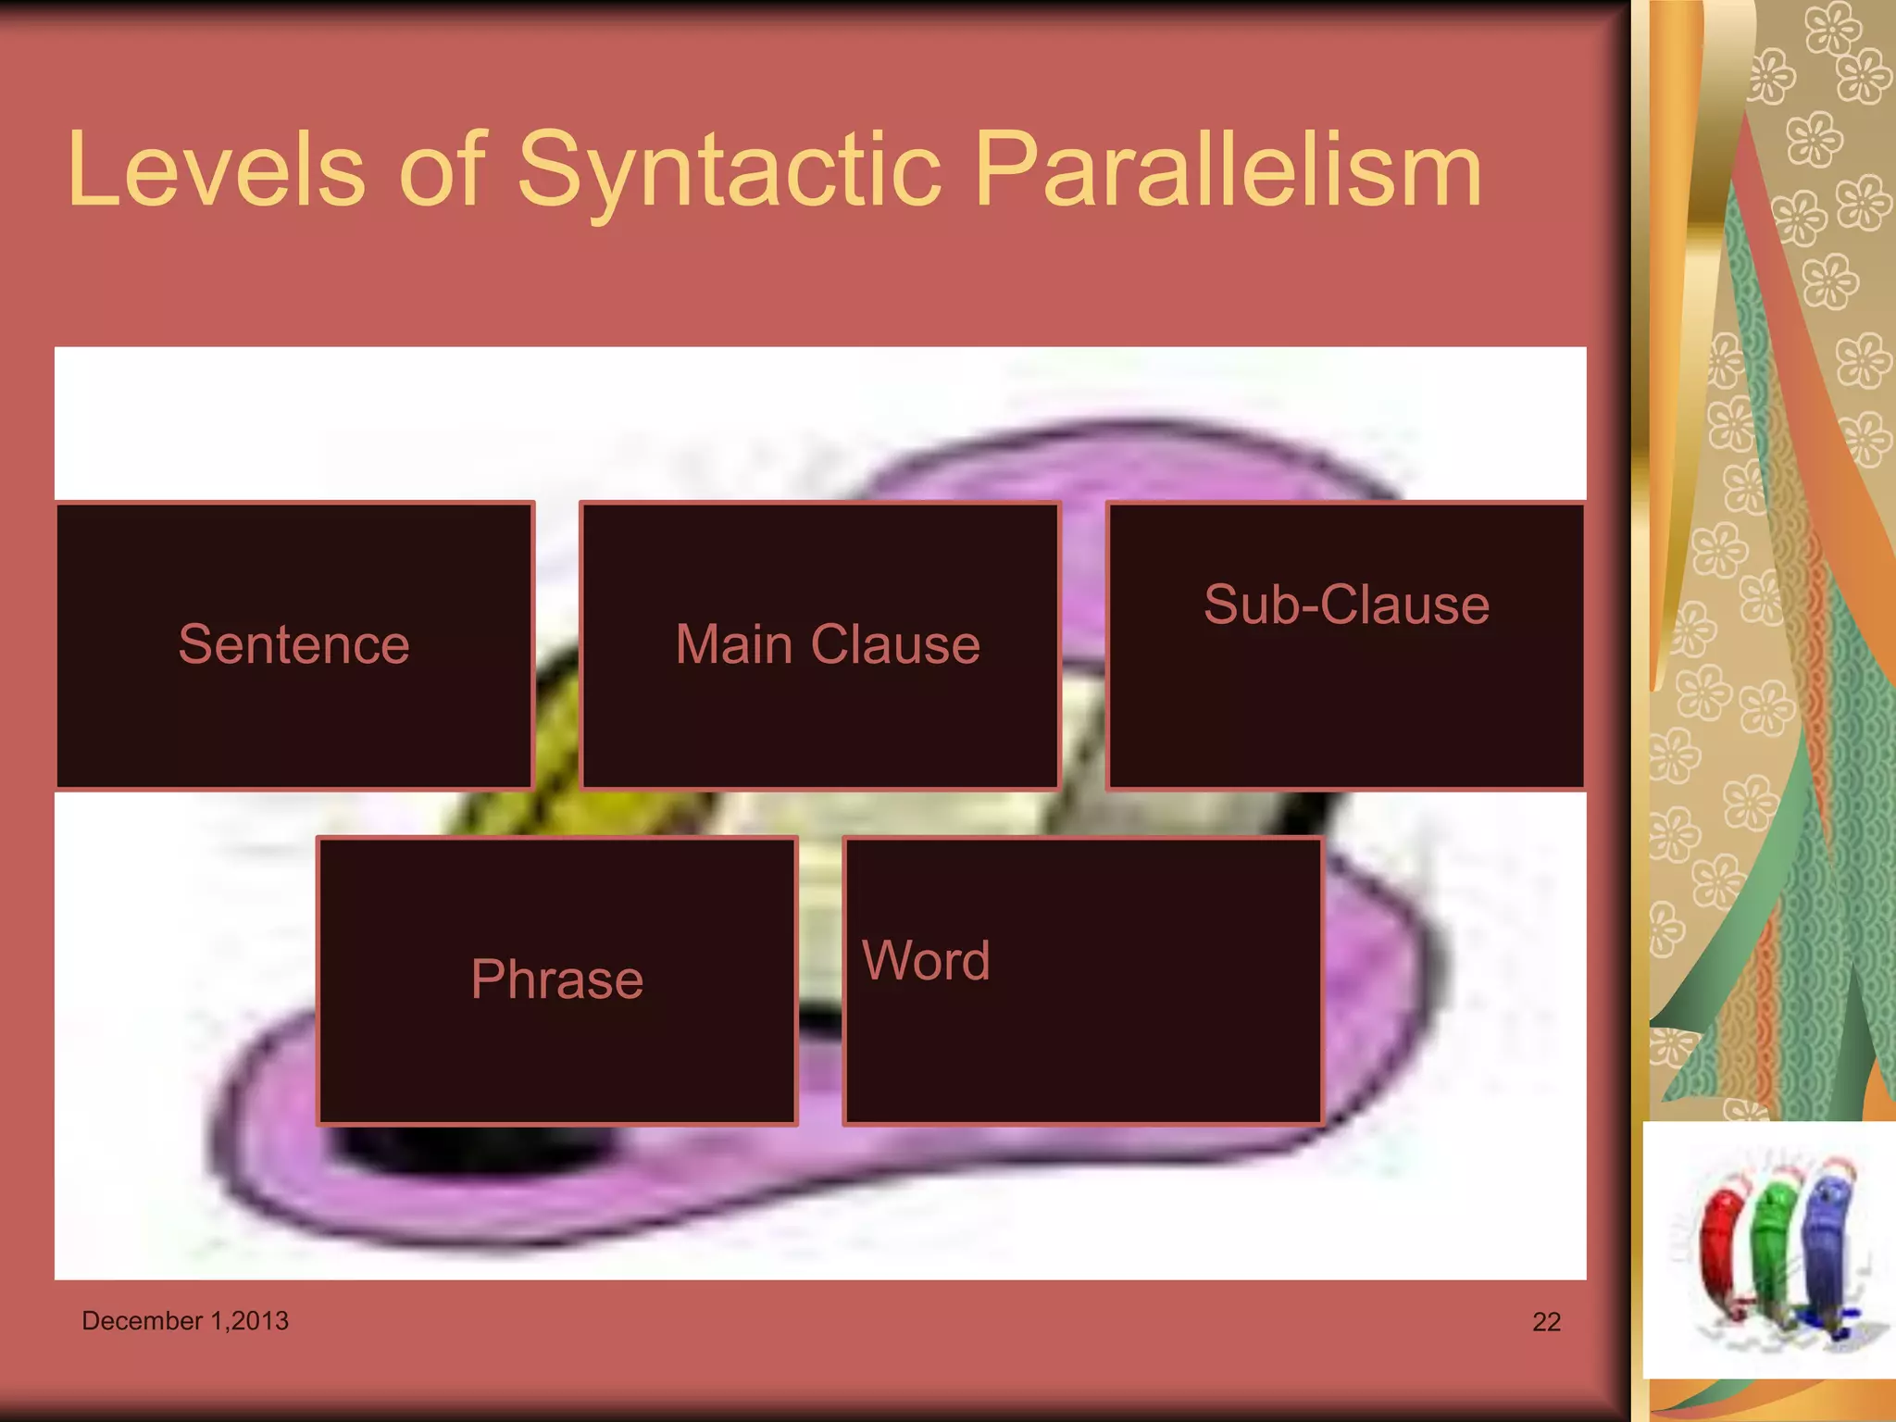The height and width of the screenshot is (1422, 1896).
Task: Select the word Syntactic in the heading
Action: point(730,170)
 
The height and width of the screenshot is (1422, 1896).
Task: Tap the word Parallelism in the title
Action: point(1228,170)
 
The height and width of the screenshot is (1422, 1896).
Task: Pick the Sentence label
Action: point(293,644)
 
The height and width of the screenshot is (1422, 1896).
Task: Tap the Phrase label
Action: point(556,979)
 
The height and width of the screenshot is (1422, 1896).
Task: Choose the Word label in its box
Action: point(926,960)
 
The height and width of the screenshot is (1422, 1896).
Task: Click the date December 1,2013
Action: point(185,1320)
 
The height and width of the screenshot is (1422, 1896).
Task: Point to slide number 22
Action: point(1546,1322)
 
